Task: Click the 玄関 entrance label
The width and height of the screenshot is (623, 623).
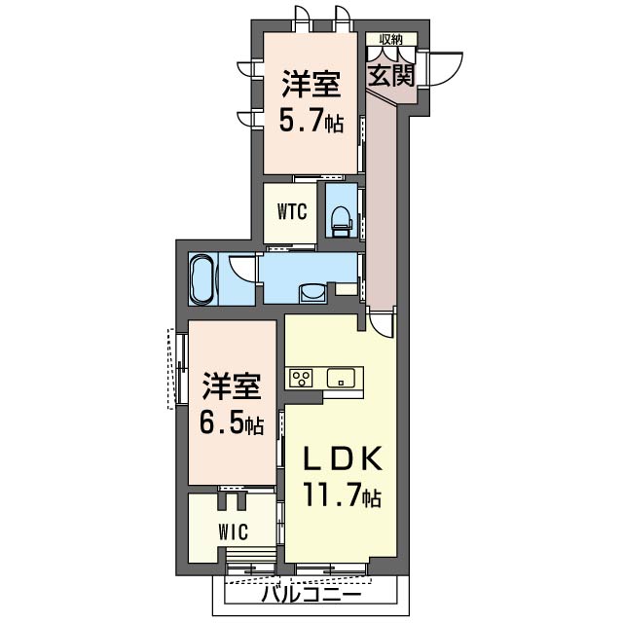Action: point(391,77)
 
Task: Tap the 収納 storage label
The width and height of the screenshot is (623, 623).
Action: point(391,40)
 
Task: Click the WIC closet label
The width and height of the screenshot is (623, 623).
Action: point(233,531)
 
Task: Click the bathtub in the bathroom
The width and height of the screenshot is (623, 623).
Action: point(202,279)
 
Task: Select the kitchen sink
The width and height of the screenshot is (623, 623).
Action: point(342,379)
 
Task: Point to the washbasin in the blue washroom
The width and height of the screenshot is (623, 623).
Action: point(311,292)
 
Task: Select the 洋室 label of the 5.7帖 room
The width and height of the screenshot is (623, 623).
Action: point(311,85)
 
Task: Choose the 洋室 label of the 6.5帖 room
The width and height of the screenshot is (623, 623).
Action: point(231,386)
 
